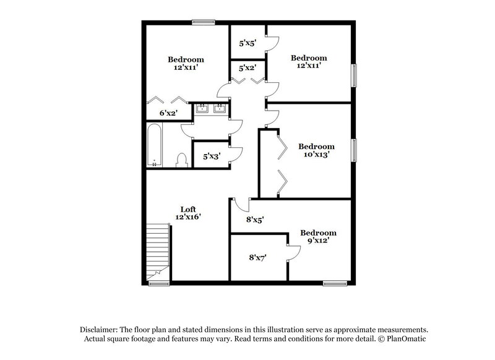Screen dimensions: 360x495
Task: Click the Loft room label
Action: coord(187,209)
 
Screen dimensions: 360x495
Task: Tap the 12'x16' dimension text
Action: coord(187,217)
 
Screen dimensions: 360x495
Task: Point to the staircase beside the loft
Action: coord(159,251)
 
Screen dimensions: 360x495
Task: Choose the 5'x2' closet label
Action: coord(248,69)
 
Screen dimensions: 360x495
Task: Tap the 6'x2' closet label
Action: coord(168,113)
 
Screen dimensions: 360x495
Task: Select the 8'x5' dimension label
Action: coord(255,219)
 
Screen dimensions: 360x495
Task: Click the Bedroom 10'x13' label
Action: coord(317,150)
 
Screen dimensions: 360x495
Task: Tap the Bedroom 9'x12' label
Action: coord(319,237)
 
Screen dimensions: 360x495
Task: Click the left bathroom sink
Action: coord(202,110)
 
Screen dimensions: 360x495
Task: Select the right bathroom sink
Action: coord(219,110)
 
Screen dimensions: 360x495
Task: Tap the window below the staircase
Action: coord(159,283)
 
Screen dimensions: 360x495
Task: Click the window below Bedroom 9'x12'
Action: coord(335,283)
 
